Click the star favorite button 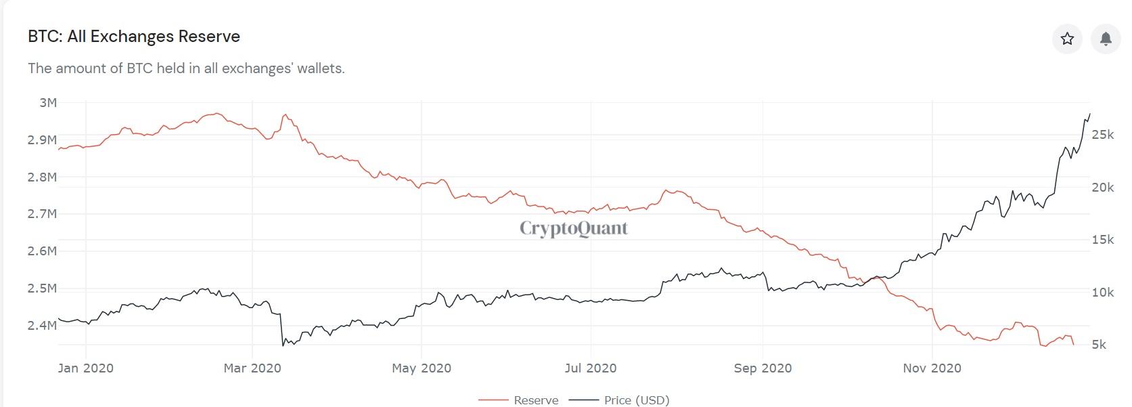[1067, 39]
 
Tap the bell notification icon [1106, 39]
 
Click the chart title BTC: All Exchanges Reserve [134, 37]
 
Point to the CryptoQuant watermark [574, 228]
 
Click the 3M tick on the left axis [48, 103]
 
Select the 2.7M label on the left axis [42, 214]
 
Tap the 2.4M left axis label [42, 325]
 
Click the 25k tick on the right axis [1103, 135]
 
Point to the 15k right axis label [1103, 240]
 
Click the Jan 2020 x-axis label [85, 368]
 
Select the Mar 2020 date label [252, 368]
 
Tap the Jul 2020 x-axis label [590, 368]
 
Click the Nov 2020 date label [932, 368]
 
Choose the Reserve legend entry [518, 400]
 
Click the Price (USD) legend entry [619, 400]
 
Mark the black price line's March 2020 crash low [283, 346]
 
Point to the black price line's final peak [1089, 114]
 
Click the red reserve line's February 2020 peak [217, 113]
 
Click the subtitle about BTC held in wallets [186, 68]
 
